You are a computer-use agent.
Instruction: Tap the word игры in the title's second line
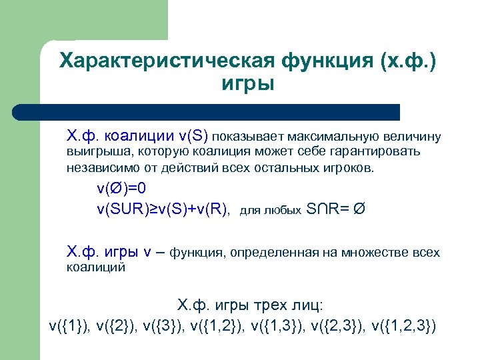[x=246, y=85]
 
